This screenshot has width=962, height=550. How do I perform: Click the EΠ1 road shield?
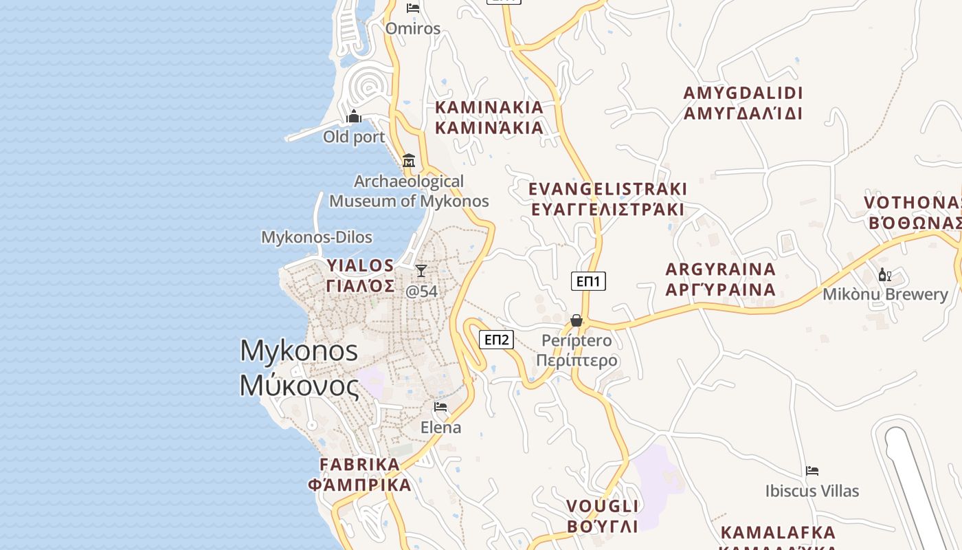coord(588,280)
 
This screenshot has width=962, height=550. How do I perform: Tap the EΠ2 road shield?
coord(496,339)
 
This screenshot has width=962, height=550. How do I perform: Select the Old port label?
coord(354,137)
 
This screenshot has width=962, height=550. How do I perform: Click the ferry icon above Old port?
coord(354,116)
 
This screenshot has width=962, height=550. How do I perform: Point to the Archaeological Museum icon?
coord(409,160)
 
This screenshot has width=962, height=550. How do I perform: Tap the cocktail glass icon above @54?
coord(421,271)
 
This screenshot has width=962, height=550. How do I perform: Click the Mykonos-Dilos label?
coord(316,237)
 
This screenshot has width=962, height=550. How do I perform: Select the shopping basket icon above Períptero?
coord(577,320)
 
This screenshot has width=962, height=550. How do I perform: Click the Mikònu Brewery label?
coord(885,294)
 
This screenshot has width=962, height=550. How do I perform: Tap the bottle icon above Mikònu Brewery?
coord(884,275)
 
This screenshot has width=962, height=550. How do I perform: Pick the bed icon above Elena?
coord(440,407)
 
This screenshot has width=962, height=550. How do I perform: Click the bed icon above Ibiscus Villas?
coord(812,471)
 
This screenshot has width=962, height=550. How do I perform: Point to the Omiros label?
coord(412,28)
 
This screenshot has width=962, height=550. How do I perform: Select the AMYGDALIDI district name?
coord(743,93)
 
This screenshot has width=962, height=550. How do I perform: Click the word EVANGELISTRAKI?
coord(607,189)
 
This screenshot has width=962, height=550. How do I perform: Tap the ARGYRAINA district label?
coord(720,269)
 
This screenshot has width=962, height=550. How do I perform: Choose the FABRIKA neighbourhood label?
coord(359,465)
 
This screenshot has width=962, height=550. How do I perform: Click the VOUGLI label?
coord(602,507)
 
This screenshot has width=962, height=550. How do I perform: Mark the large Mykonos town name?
coord(299,351)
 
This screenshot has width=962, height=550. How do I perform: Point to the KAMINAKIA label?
coord(489,107)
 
